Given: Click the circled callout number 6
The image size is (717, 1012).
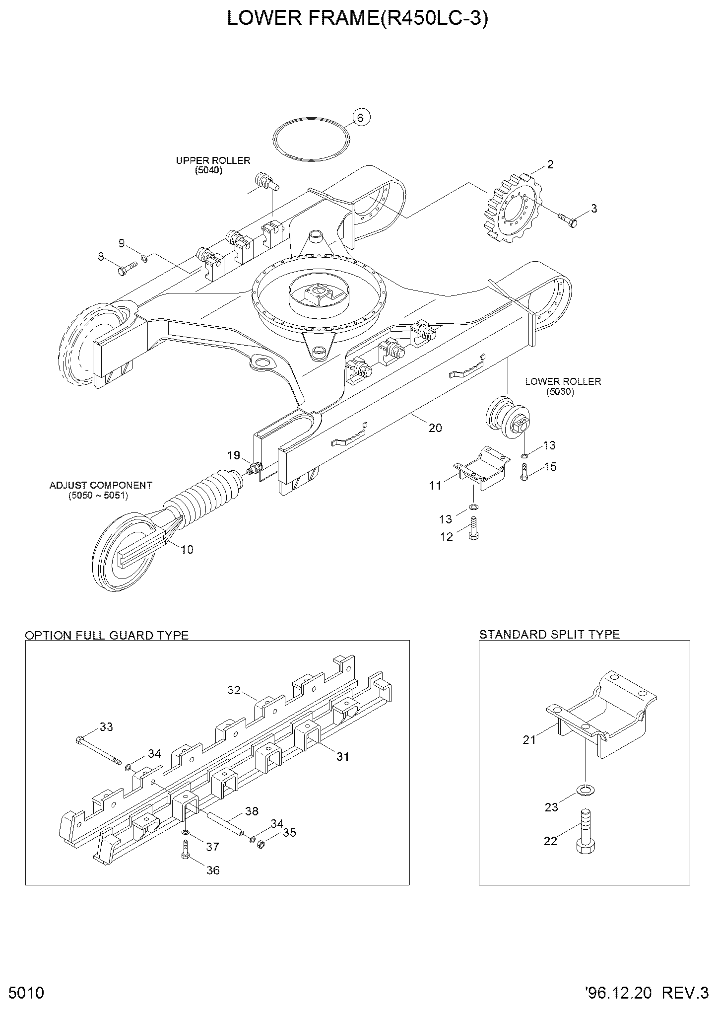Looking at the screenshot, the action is click(361, 118).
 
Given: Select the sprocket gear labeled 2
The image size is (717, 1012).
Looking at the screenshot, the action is click(513, 216).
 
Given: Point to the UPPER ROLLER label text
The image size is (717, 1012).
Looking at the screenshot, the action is click(213, 160).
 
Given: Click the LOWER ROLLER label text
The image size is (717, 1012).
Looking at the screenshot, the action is click(563, 381).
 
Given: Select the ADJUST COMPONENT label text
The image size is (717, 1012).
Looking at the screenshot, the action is click(101, 485).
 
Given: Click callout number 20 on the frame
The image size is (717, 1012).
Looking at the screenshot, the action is click(435, 428).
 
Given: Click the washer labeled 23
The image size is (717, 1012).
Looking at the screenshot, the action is click(586, 790).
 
